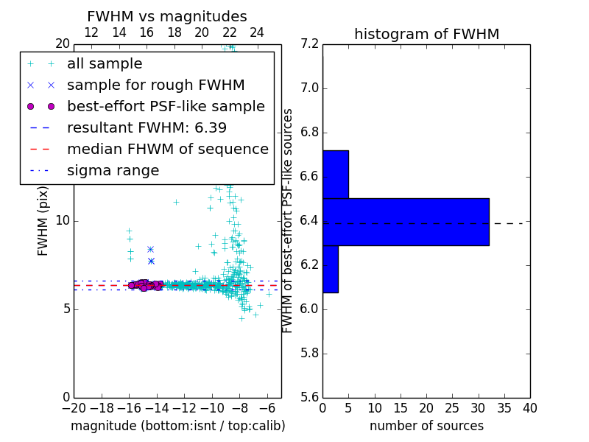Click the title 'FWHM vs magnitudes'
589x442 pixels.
(x=167, y=16)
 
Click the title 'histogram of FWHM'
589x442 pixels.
(x=426, y=34)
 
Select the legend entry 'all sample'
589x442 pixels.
(x=105, y=64)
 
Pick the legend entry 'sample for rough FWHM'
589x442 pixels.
(x=155, y=85)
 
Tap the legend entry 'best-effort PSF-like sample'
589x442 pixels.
(x=166, y=107)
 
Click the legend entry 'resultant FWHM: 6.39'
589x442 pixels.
(x=147, y=128)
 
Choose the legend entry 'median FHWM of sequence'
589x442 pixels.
(x=167, y=150)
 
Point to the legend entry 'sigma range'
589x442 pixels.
(x=113, y=171)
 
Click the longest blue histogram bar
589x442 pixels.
(x=406, y=222)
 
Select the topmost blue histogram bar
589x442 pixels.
(x=335, y=175)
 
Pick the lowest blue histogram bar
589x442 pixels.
(x=330, y=269)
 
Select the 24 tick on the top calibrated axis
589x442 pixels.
(x=257, y=33)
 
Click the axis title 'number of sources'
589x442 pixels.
(x=426, y=426)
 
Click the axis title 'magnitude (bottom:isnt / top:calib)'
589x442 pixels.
(x=177, y=426)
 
